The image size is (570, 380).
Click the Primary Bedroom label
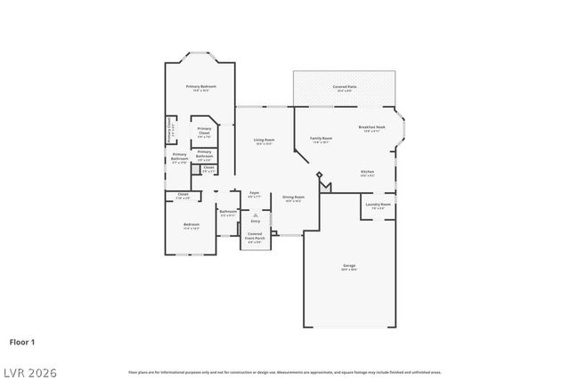pos(197,86)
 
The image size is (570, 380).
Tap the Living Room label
pos(264,140)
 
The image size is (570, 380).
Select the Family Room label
pos(322,139)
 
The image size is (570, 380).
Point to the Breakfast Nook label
pos(372,127)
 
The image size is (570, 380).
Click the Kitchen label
pos(367,172)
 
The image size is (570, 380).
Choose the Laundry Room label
pos(378,205)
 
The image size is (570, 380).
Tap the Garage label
pos(349,265)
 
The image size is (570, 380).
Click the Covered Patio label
pos(344,87)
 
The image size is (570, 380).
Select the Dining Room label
pos(294,197)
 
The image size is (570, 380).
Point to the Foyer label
pos(254,192)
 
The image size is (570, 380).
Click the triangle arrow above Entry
pos(255,214)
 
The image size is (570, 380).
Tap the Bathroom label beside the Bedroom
pos(227,212)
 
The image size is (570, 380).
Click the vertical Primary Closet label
pos(168,133)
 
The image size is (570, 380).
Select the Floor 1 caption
pos(23,341)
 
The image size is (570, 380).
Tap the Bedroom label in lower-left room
pos(191,224)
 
